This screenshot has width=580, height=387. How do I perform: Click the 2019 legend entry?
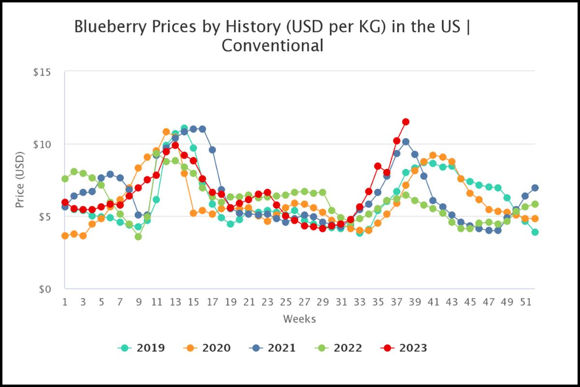point(141,348)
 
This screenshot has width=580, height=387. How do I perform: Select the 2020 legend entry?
point(207,348)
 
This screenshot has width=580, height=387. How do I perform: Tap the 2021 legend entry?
point(273,348)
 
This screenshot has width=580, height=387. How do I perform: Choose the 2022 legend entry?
point(339,348)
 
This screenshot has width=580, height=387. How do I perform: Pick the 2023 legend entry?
point(405,348)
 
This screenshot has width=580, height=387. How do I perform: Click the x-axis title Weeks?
point(299,319)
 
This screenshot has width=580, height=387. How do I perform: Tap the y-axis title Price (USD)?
point(20,180)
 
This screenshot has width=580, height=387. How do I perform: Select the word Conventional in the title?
point(272,46)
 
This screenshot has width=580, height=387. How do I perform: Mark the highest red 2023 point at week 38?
point(406,122)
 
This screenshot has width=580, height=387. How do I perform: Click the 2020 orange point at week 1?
point(65,236)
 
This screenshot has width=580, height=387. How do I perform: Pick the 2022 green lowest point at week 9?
point(138,237)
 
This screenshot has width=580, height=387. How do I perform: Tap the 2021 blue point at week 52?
point(535,188)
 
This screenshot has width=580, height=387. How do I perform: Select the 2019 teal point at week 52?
point(535,232)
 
